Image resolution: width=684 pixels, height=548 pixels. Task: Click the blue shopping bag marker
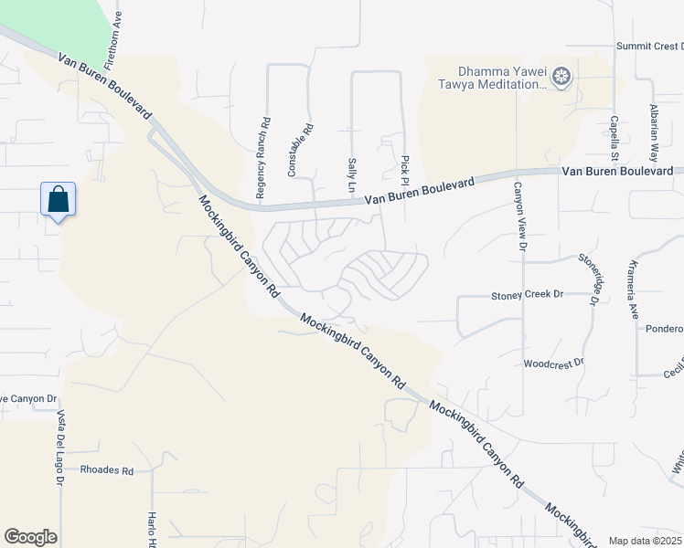tap(58, 199)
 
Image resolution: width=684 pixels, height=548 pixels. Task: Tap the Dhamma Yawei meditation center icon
tap(561, 78)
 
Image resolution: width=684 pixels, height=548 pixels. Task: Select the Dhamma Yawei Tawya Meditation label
tap(503, 79)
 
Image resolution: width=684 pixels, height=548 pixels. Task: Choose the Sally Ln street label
tap(351, 174)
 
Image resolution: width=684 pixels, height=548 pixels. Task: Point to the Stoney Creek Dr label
tap(528, 295)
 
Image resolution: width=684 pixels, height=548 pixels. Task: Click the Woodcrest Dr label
tap(553, 363)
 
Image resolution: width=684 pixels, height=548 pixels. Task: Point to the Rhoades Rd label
tap(107, 470)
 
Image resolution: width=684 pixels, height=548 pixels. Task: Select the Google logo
tap(30, 537)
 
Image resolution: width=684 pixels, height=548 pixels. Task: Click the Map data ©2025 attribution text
tap(645, 541)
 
